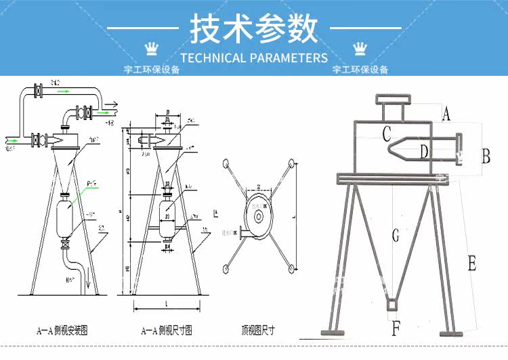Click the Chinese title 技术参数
[253, 29]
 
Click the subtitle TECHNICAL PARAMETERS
[254, 58]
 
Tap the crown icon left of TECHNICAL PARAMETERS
[152, 47]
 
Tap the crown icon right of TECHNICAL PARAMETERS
[358, 47]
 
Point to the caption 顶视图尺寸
[257, 331]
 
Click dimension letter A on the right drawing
[445, 114]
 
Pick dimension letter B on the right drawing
[485, 156]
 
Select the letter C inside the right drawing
[386, 134]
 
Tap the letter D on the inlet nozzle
[424, 152]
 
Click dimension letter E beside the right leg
[471, 264]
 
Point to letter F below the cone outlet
[396, 329]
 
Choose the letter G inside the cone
[396, 237]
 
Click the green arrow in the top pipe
[63, 90]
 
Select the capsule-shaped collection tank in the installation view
[66, 218]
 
